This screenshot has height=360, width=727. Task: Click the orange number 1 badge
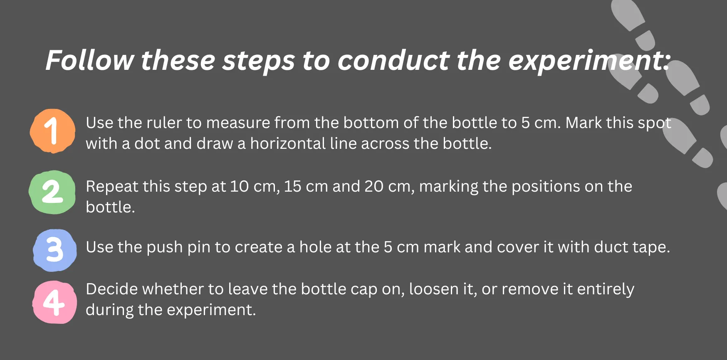(x=52, y=131)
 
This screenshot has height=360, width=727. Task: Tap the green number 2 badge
(x=52, y=192)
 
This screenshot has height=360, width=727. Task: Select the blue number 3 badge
(x=55, y=250)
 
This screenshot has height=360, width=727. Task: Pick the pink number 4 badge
(x=55, y=302)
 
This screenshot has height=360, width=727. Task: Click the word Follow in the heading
(x=90, y=60)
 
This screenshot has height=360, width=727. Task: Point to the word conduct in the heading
(x=393, y=60)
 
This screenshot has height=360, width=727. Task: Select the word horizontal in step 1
(x=288, y=143)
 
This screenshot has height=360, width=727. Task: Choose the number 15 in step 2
(x=292, y=186)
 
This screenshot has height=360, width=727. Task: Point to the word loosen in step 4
(x=434, y=289)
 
